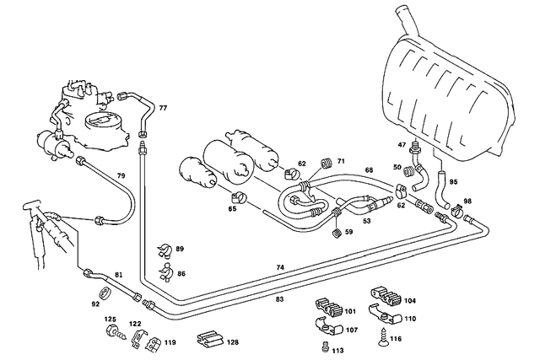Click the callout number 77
[x=163, y=109]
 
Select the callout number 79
[x=121, y=175]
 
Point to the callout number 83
[x=278, y=298]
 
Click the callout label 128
[x=233, y=342]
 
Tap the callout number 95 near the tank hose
[x=452, y=181]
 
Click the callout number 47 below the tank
[x=402, y=146]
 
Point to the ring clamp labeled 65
[x=238, y=199]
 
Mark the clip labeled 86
[x=166, y=272]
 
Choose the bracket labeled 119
[x=153, y=343]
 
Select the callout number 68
[x=369, y=170]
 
